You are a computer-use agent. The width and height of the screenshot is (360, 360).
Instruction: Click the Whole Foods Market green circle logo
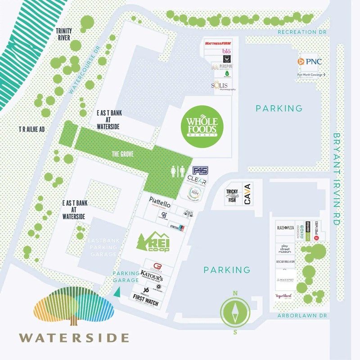point(202,126)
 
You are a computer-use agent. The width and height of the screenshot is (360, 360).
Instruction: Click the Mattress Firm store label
point(217,44)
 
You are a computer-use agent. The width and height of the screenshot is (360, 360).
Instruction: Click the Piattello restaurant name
point(160,199)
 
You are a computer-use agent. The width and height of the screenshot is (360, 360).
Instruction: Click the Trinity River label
point(63,34)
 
